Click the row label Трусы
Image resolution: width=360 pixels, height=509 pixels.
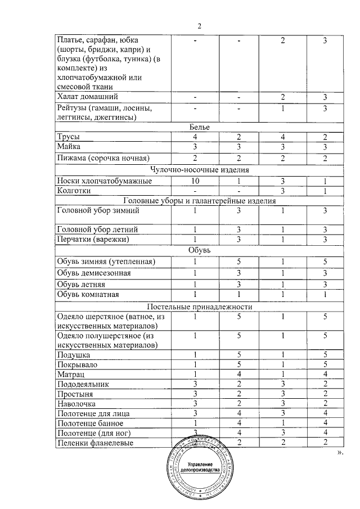point(69,137)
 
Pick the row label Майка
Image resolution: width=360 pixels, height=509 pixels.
point(69,147)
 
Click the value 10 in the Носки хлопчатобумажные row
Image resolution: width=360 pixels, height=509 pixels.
point(195,181)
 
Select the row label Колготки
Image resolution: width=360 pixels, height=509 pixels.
point(74,191)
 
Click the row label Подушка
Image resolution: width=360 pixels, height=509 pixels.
point(74,355)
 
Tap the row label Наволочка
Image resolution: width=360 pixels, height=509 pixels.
point(76,403)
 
